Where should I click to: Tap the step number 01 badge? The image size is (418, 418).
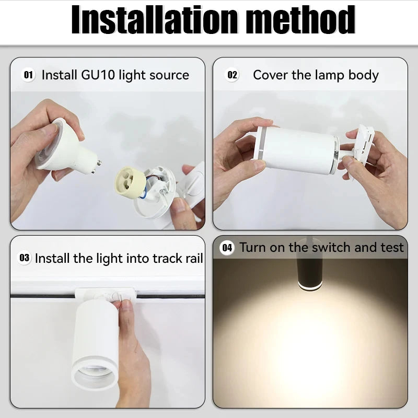[x=28, y=75]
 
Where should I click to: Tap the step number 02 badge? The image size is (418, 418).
[x=232, y=75]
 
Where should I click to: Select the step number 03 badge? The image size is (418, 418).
[x=25, y=258]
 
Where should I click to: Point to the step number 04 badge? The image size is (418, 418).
[x=227, y=248]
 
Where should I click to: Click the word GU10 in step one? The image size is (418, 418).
[x=98, y=75]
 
